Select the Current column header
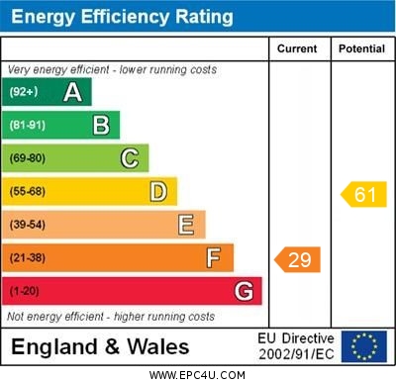(x=297, y=48)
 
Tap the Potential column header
(x=361, y=48)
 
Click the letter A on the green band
(x=72, y=92)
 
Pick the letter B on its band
(x=101, y=125)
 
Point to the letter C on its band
(x=130, y=157)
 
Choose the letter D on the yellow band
(x=158, y=191)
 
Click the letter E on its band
(x=186, y=225)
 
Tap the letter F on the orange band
(x=214, y=258)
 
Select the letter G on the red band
(x=244, y=291)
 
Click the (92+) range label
(x=24, y=92)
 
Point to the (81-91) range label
(x=29, y=125)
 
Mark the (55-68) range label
(x=29, y=191)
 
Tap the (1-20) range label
(x=26, y=291)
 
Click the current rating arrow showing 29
(x=299, y=259)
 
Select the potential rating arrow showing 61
(x=363, y=194)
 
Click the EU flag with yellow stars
(x=363, y=346)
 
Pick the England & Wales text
(x=100, y=346)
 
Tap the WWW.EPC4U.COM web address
(x=197, y=375)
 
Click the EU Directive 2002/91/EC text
(x=296, y=346)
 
